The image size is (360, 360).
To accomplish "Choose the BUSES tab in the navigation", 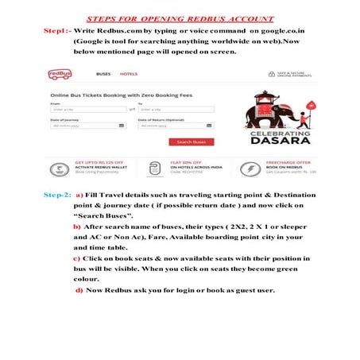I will (x=103, y=74).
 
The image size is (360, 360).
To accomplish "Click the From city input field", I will (x=83, y=109).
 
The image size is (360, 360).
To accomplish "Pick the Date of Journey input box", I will (x=83, y=126).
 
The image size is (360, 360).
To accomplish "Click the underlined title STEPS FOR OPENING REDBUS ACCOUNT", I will (x=180, y=16).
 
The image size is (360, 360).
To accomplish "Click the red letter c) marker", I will (x=76, y=258).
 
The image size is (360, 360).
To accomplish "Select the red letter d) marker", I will (x=79, y=290).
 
